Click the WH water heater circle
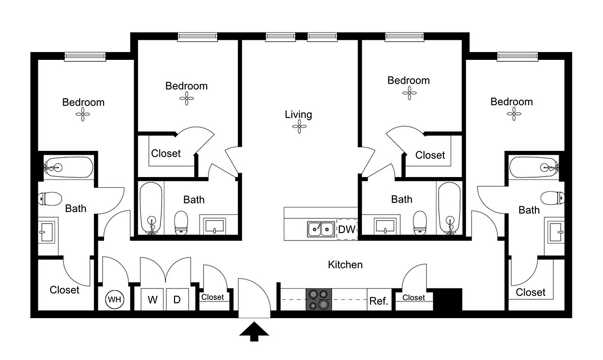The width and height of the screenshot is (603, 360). tap(115, 299)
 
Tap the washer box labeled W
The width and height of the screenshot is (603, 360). tap(152, 299)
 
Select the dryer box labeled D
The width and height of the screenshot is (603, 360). tap(177, 299)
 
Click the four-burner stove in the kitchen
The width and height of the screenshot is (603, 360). tap(319, 299)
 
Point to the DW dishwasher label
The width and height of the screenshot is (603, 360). tap(347, 230)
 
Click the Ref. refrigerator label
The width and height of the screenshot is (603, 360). tap(379, 301)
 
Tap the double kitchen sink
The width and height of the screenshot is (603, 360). tap(321, 229)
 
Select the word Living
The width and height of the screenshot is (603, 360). tap(299, 114)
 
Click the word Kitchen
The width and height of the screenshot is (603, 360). tap(345, 265)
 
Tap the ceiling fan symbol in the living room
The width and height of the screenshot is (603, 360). tap(300, 126)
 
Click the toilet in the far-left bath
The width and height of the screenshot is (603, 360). tap(50, 198)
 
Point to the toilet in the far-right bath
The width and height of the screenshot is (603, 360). tap(552, 198)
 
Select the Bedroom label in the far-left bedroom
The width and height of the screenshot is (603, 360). tap(83, 102)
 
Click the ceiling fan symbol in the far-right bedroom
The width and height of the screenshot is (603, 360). tap(514, 114)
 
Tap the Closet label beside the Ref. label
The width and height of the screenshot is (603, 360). tap(413, 298)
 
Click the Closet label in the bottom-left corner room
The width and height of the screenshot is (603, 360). tap(64, 290)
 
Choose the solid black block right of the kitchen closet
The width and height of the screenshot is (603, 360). tap(448, 299)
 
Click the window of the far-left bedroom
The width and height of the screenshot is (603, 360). tap(85, 56)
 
